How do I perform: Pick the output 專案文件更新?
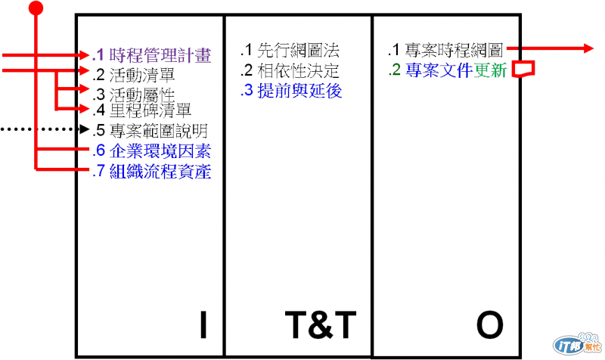[x=446, y=72]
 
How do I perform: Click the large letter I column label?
[x=203, y=324]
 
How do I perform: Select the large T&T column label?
[x=320, y=324]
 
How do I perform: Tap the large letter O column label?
[x=489, y=324]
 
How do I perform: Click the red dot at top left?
[x=36, y=8]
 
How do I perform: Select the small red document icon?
[x=523, y=70]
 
